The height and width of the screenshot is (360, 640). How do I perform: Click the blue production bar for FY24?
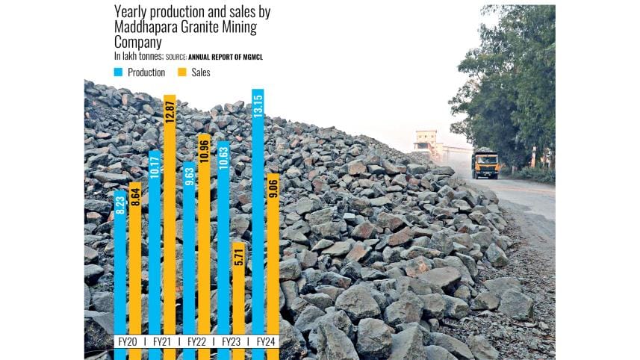(258, 224)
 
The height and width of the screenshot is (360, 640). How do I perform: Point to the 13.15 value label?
(258, 105)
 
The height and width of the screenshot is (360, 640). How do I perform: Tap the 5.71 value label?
(238, 257)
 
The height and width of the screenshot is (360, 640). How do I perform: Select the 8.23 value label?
(120, 205)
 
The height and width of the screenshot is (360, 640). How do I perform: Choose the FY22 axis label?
(196, 341)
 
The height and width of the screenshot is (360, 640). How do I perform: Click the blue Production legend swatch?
(118, 72)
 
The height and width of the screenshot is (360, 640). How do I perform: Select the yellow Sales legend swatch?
(181, 72)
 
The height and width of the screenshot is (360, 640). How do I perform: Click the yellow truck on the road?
(485, 162)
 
